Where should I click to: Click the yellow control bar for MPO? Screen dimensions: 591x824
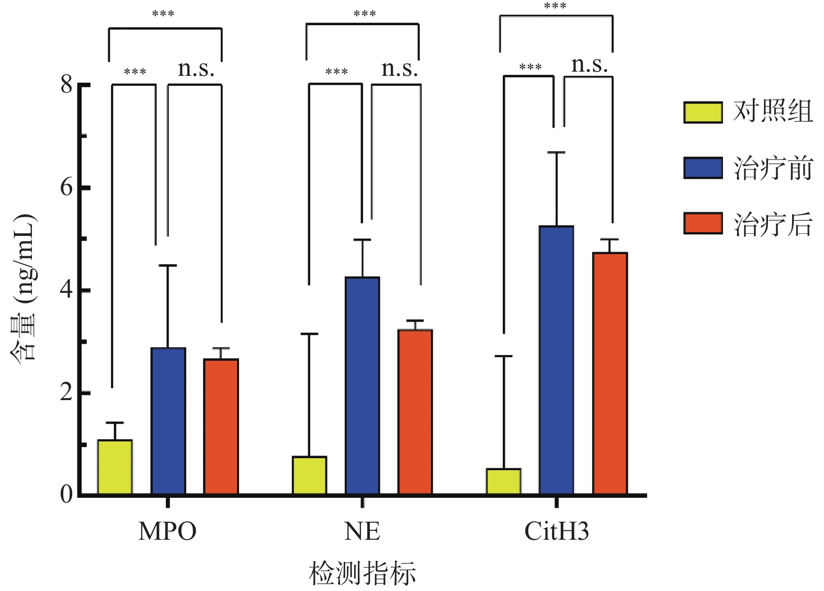[115, 467]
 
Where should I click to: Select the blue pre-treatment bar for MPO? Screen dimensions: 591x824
[168, 421]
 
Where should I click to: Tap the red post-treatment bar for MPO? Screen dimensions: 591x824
[221, 426]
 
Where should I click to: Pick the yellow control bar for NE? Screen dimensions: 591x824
[309, 475]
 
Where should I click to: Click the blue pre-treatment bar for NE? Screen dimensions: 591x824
[362, 385]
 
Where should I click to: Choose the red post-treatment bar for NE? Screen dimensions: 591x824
[415, 412]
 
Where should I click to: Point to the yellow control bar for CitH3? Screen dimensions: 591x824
[503, 481]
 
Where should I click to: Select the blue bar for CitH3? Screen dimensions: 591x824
[556, 360]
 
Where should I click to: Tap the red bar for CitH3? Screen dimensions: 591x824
[609, 373]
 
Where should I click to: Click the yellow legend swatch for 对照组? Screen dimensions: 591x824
[703, 112]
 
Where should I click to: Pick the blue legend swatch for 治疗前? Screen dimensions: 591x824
[703, 168]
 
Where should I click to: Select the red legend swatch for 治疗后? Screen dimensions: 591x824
[703, 223]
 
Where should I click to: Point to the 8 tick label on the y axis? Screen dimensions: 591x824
[66, 84]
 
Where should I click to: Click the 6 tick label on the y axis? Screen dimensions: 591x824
[66, 187]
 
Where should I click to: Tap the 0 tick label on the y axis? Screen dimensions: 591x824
[66, 494]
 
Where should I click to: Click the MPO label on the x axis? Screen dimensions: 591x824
[167, 531]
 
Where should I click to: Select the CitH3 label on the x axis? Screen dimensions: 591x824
[556, 531]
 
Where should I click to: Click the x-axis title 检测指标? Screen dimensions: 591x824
[362, 573]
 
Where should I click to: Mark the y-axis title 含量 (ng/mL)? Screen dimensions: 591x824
[24, 288]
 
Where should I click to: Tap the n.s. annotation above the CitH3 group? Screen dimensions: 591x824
[590, 65]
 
